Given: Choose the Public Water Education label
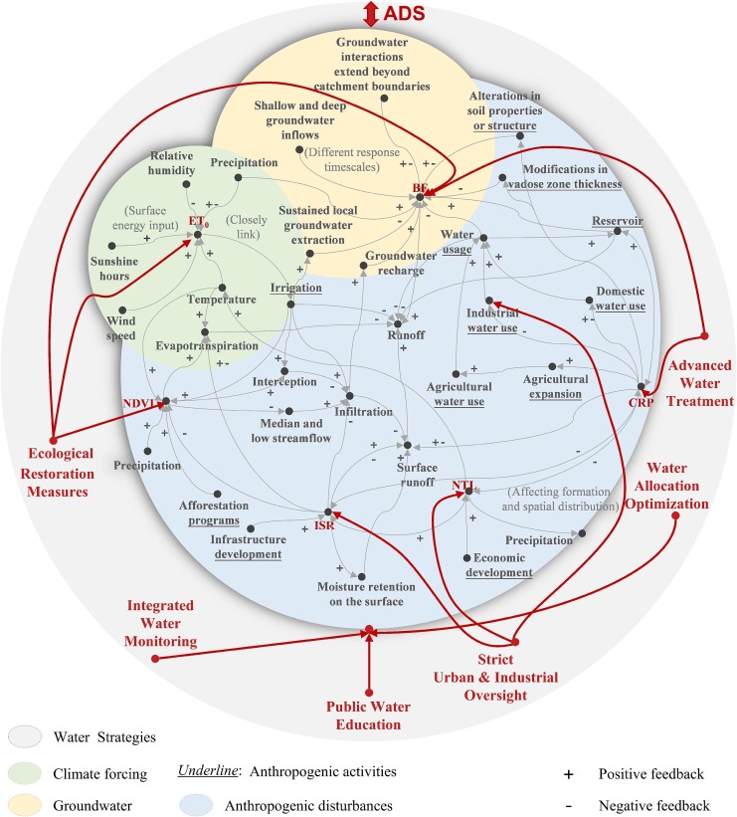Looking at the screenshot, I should pos(368,715).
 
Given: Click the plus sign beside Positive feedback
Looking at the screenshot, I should pos(567,771).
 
